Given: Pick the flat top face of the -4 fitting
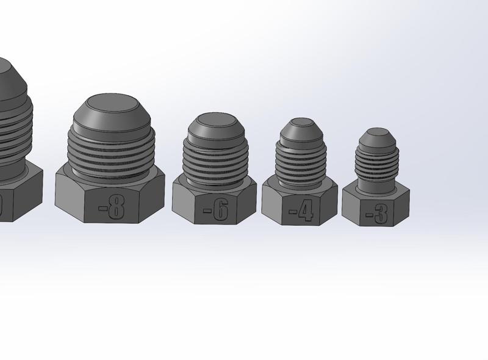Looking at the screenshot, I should (x=301, y=123).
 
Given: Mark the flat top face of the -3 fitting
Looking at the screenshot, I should (x=376, y=132).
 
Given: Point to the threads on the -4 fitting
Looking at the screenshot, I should (x=300, y=160).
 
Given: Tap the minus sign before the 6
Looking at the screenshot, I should (x=207, y=212).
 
